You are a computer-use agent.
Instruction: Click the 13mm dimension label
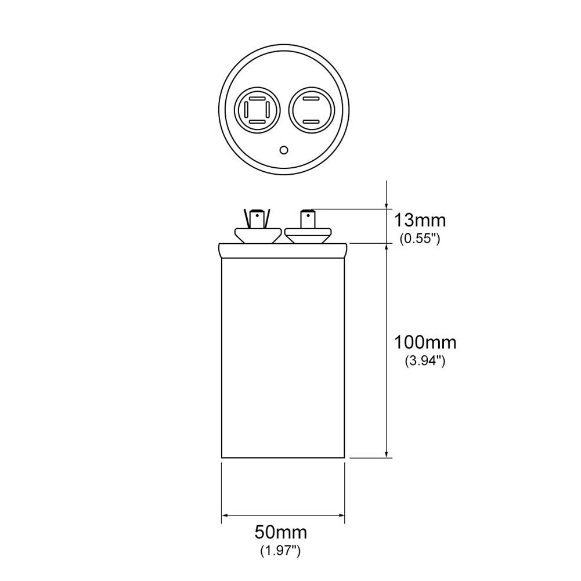(420, 221)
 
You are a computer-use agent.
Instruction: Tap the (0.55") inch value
(420, 239)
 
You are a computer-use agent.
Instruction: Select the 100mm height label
(425, 342)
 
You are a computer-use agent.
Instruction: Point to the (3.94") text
(425, 361)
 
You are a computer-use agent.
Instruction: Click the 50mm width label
(281, 532)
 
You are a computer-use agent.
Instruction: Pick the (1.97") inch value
(280, 551)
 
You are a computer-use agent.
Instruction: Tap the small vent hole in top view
(284, 150)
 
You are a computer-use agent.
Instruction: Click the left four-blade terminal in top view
(257, 110)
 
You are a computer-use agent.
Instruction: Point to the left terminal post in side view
(257, 220)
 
